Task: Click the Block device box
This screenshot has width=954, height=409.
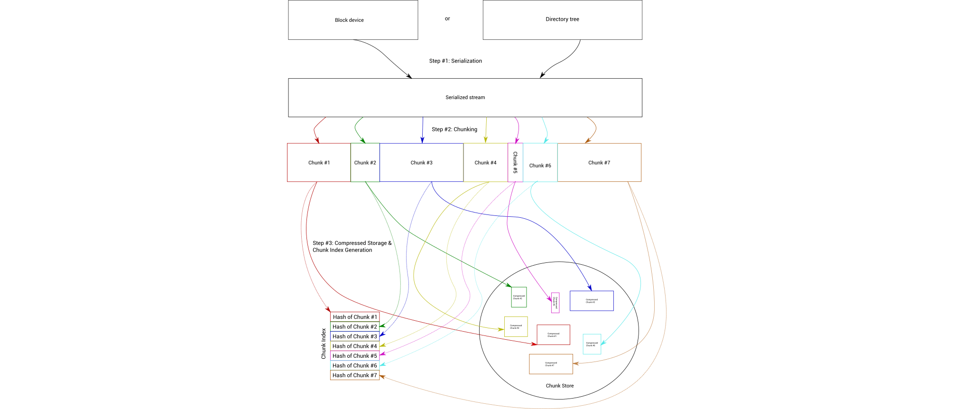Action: coord(353,20)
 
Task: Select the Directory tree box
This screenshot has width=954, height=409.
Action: coord(562,19)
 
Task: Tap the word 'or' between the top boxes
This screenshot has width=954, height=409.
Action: coord(447,19)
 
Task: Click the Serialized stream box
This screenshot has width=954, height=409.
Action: coord(465,97)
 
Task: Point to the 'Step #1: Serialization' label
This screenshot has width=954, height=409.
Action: coord(455,61)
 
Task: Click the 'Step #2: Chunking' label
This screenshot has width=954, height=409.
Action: coord(454,129)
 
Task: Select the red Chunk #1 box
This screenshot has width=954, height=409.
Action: coord(319,162)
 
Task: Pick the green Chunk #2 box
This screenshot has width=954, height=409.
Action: coord(365,162)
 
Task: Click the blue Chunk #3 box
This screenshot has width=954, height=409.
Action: coord(421,162)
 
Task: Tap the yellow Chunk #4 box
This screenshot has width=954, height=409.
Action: coord(485,162)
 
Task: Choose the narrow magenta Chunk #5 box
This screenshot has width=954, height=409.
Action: coord(515,162)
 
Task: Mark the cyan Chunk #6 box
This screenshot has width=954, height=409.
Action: coord(540,163)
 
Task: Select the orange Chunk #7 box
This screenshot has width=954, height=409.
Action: coord(599,162)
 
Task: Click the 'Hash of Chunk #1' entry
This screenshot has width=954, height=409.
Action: coord(355,317)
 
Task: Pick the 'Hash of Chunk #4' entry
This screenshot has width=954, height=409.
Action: coord(355,346)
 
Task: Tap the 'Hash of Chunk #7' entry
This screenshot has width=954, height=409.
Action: coord(355,375)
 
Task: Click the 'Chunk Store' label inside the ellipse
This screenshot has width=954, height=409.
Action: coord(560,386)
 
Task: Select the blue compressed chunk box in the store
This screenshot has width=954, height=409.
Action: coord(592,301)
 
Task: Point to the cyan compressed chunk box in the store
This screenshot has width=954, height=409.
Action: coord(592,344)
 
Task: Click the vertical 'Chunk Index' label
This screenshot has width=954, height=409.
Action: coord(324,344)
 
